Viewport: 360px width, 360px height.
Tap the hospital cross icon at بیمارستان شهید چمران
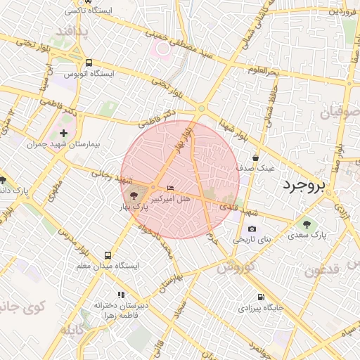click(x=64, y=132)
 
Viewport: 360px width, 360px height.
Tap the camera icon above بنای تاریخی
click(x=252, y=229)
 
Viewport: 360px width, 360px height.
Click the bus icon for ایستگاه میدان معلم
click(x=108, y=256)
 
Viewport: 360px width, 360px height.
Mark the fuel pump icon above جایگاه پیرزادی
click(x=261, y=297)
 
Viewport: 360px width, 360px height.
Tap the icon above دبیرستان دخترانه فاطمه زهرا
click(x=121, y=295)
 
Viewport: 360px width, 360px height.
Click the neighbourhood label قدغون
click(x=323, y=271)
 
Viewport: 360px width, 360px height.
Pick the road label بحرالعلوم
click(x=264, y=71)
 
